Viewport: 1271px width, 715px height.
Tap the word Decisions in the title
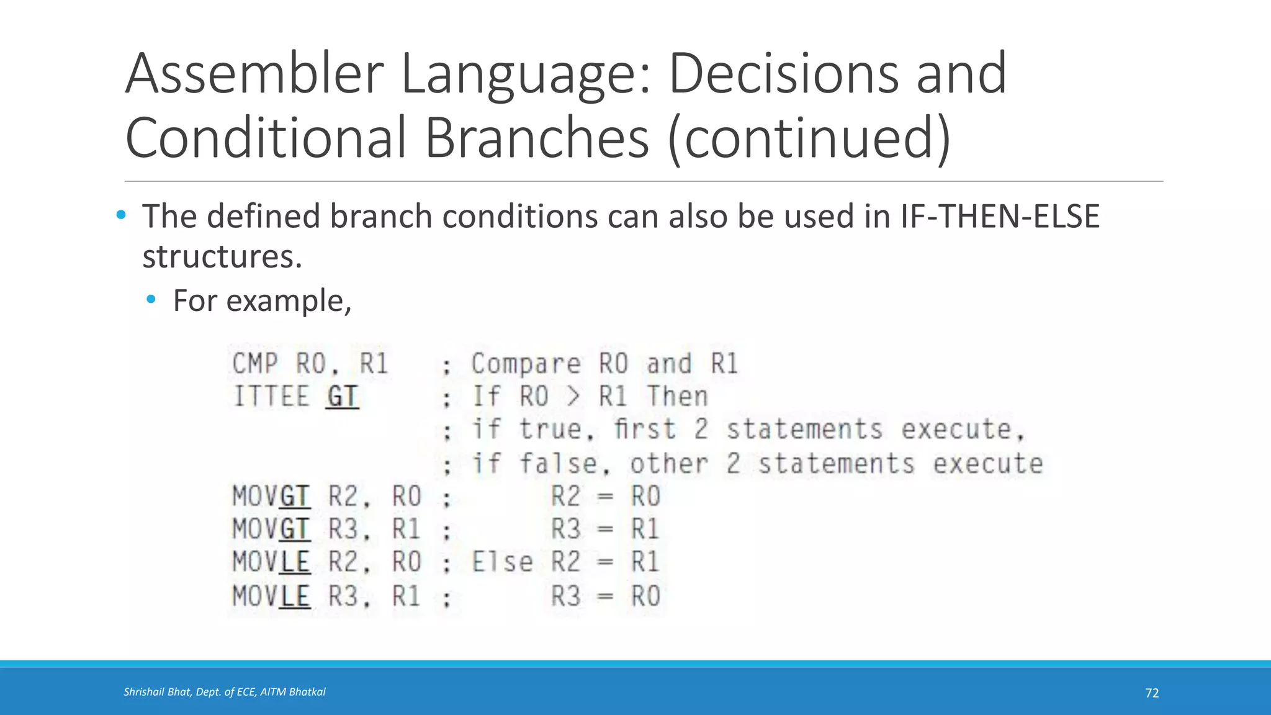pyautogui.click(x=783, y=74)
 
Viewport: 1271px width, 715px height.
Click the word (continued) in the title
pyautogui.click(x=809, y=138)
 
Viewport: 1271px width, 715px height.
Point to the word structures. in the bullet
pyautogui.click(x=222, y=257)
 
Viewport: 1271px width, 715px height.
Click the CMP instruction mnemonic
pyautogui.click(x=255, y=364)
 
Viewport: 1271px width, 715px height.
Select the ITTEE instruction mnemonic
pyautogui.click(x=271, y=397)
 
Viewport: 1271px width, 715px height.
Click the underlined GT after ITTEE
pyautogui.click(x=342, y=397)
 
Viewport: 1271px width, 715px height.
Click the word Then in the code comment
pyautogui.click(x=677, y=397)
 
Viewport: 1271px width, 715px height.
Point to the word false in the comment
pyautogui.click(x=558, y=464)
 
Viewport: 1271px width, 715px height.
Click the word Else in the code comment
pyautogui.click(x=502, y=562)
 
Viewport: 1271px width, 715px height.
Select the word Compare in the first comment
pyautogui.click(x=526, y=364)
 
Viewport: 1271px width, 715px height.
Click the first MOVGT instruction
pyautogui.click(x=271, y=497)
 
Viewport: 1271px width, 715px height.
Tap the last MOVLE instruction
pyautogui.click(x=271, y=596)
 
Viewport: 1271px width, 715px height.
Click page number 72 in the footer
pyautogui.click(x=1152, y=693)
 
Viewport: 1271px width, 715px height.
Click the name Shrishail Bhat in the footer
pyautogui.click(x=157, y=692)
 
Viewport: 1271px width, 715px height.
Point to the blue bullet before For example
pyautogui.click(x=151, y=300)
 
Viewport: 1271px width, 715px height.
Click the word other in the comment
pyautogui.click(x=668, y=464)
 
